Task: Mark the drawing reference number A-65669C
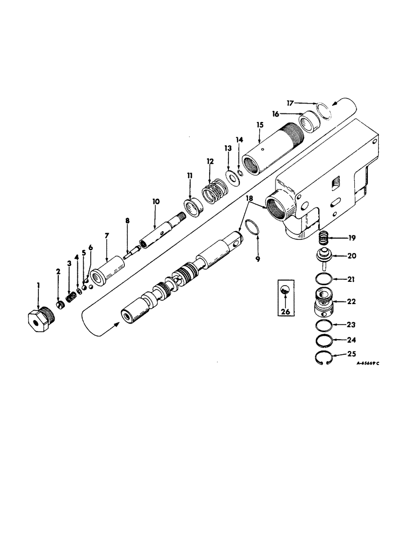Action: pyautogui.click(x=368, y=363)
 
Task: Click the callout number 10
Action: pyautogui.click(x=156, y=201)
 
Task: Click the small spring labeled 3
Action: pyautogui.click(x=70, y=297)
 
